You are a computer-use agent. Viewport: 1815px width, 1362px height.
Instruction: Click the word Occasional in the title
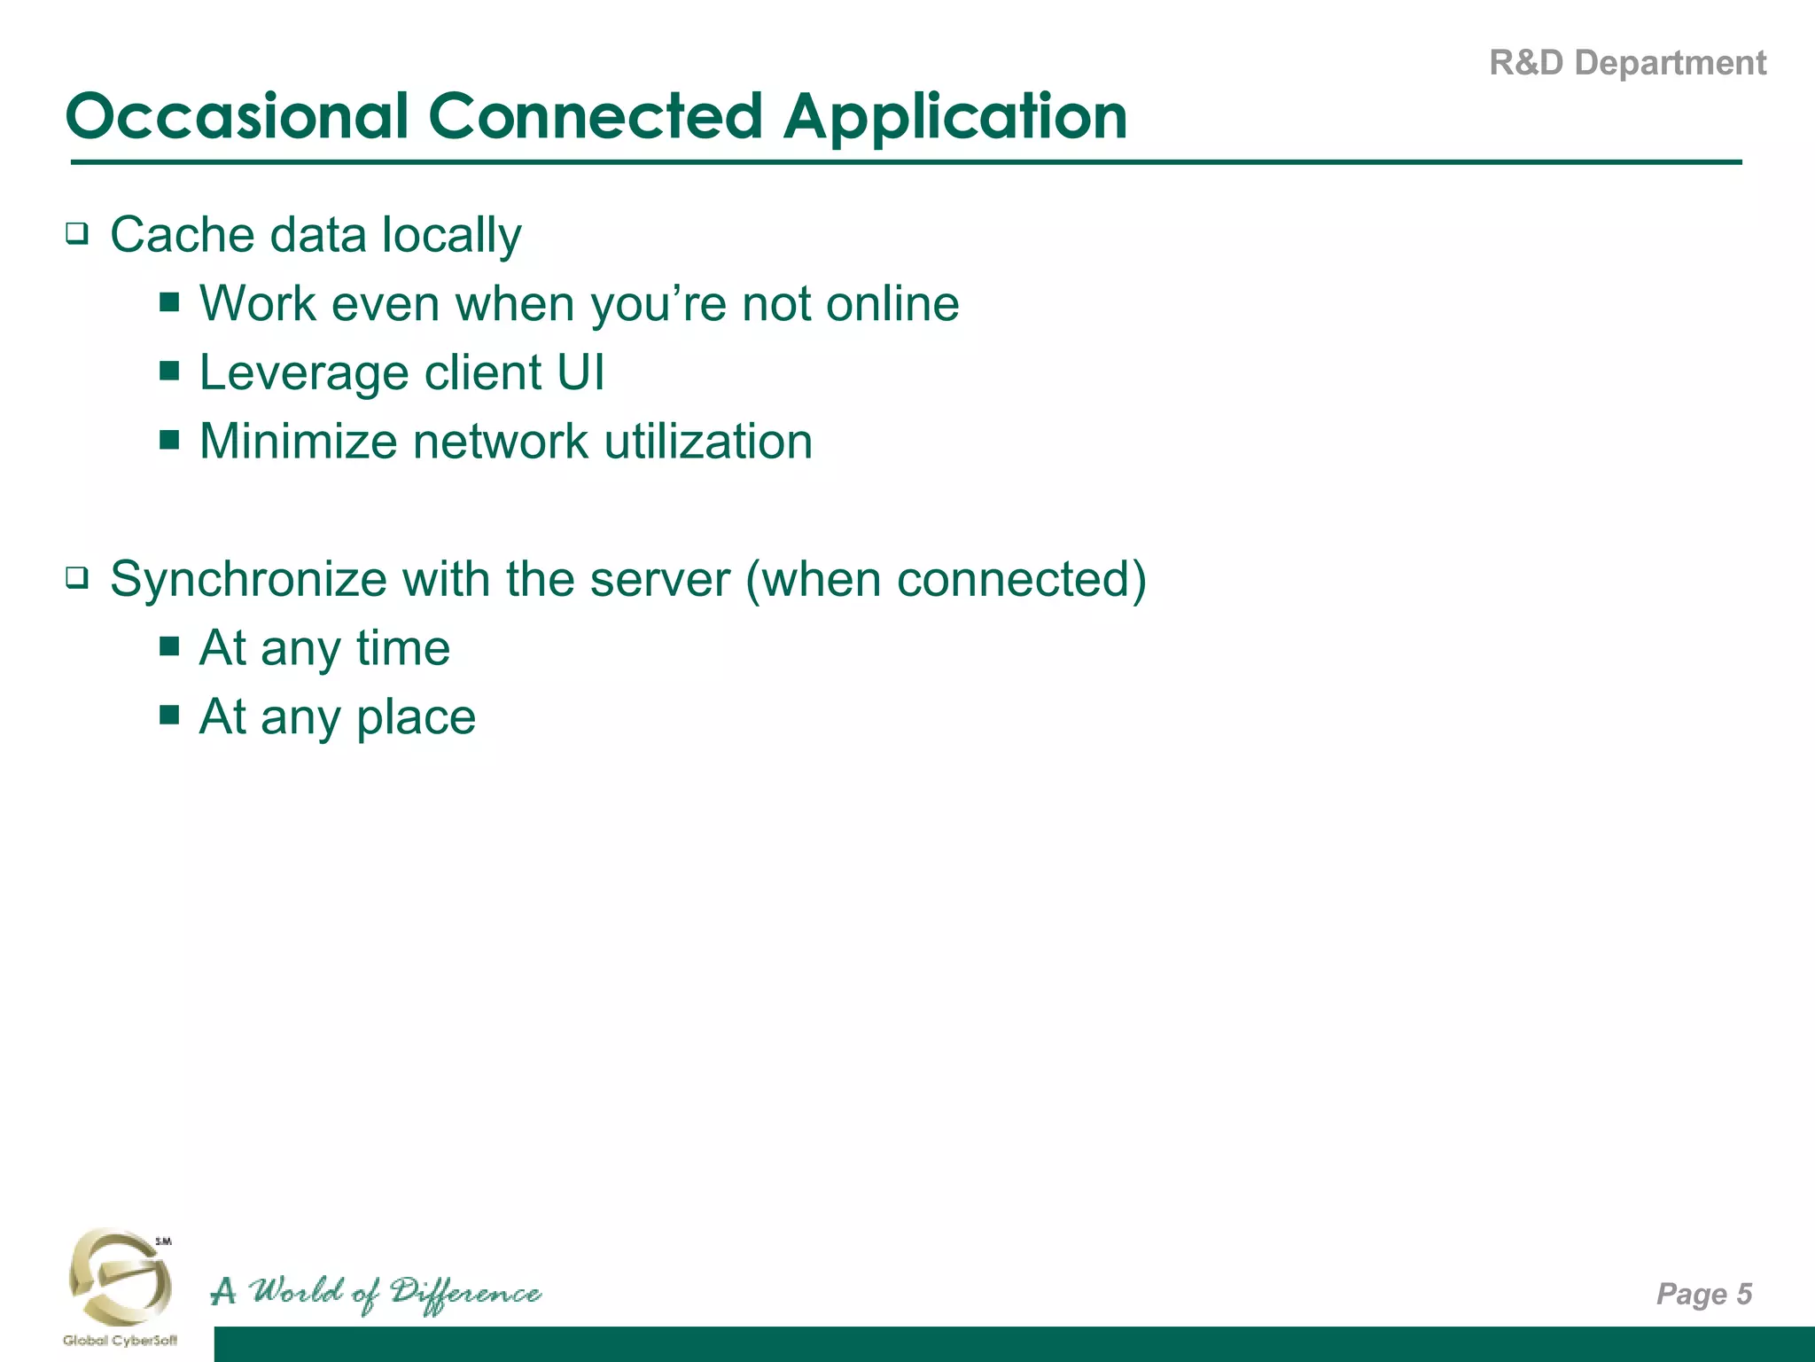click(238, 116)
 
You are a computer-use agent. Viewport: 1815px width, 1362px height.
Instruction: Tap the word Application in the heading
click(954, 116)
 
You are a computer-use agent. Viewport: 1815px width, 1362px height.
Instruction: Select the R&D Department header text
click(1627, 63)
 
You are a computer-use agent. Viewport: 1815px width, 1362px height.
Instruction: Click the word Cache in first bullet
click(182, 235)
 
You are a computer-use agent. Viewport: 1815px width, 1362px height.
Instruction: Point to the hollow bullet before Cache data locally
click(78, 235)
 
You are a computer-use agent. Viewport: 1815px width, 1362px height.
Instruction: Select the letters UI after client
click(580, 372)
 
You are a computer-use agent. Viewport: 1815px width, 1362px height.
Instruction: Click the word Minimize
click(298, 442)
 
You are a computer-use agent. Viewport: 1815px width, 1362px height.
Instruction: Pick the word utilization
click(708, 442)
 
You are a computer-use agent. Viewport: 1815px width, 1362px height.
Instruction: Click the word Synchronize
click(248, 580)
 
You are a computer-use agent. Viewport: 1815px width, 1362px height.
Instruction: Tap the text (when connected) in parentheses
click(946, 580)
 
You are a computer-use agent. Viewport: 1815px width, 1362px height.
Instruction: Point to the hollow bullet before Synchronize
click(78, 579)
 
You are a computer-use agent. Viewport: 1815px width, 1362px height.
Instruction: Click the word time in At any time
click(403, 648)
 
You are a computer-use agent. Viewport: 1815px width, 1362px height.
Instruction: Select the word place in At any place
click(416, 717)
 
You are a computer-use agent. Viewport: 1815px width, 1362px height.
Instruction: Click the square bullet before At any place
click(169, 715)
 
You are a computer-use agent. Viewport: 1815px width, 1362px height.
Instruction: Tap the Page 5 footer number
click(1703, 1294)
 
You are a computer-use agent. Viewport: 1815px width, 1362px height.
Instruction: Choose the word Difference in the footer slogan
click(465, 1293)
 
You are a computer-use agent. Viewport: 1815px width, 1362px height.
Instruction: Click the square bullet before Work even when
click(169, 303)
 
